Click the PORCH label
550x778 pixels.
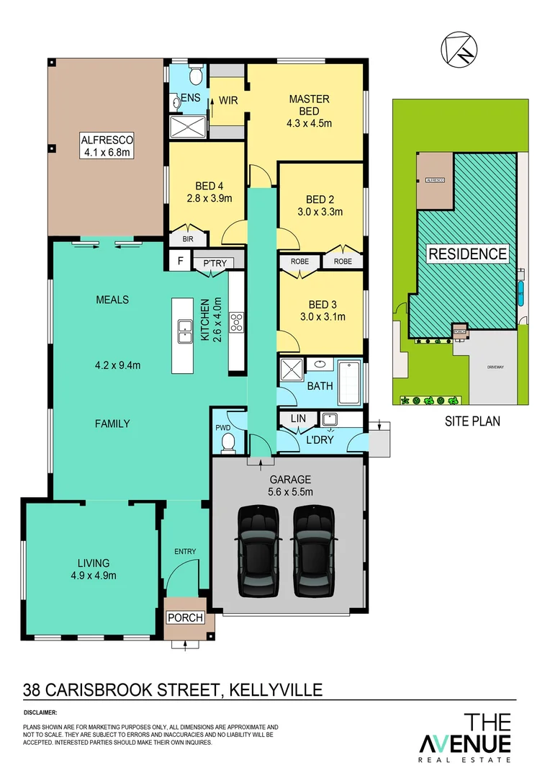click(x=185, y=618)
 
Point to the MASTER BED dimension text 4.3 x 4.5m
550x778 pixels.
click(x=309, y=123)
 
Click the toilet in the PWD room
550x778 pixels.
click(x=227, y=441)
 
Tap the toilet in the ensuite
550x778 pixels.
click(x=194, y=76)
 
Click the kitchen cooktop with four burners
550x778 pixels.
click(x=236, y=321)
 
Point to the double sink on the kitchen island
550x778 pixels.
click(x=183, y=332)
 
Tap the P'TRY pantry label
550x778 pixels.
click(x=215, y=263)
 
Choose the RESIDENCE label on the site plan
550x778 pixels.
click(x=468, y=254)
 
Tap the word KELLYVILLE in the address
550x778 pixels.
click(x=276, y=690)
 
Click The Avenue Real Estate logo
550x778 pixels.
click(x=466, y=736)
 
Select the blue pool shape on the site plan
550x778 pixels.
click(x=520, y=292)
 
